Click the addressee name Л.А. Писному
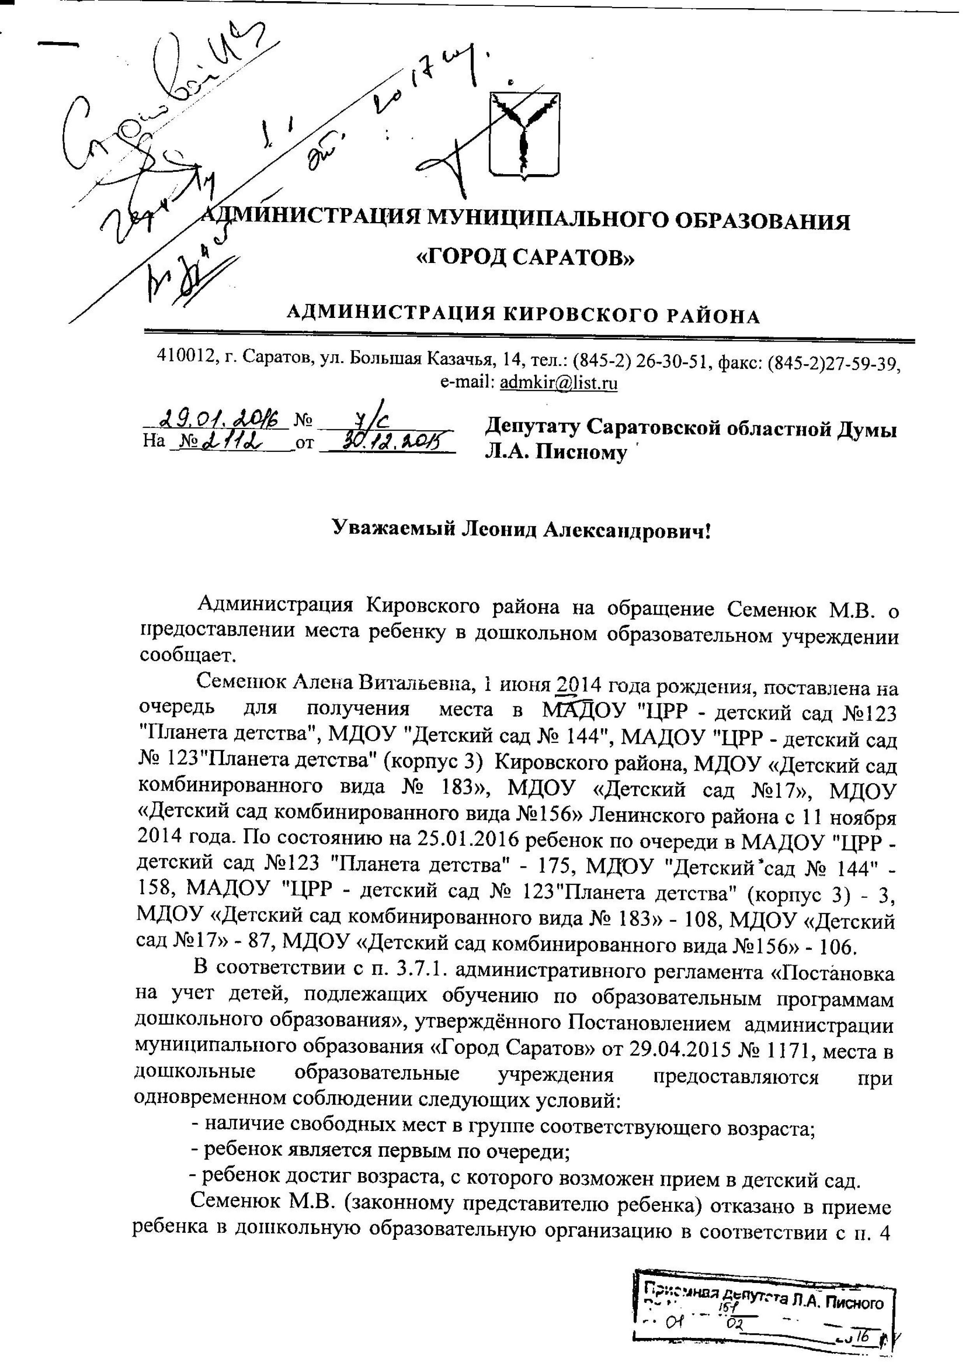(556, 452)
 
